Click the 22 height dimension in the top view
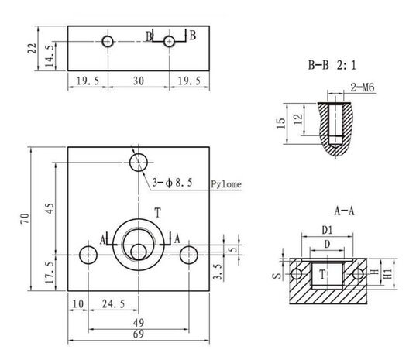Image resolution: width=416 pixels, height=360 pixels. click(x=32, y=48)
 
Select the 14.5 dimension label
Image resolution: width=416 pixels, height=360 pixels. click(x=50, y=56)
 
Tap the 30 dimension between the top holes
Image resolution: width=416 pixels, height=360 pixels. click(x=139, y=81)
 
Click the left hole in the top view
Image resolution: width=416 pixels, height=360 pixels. click(x=108, y=42)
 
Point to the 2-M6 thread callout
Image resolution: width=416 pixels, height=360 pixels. click(x=363, y=87)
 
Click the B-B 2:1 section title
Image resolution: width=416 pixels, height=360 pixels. click(x=332, y=65)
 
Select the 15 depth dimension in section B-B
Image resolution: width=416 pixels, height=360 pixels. click(x=281, y=123)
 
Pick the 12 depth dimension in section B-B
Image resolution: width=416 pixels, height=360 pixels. click(x=298, y=119)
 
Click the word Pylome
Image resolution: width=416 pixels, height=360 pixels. click(x=226, y=184)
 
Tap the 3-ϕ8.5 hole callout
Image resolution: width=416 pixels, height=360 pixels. click(x=172, y=183)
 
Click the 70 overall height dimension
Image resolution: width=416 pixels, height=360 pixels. click(x=25, y=218)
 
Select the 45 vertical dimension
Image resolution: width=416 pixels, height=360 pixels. click(x=50, y=208)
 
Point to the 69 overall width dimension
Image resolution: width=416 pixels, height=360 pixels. click(x=139, y=334)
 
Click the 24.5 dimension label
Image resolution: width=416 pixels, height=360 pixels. click(x=114, y=303)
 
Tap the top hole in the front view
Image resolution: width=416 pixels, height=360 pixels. click(x=139, y=163)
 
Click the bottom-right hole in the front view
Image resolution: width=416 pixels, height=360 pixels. click(x=188, y=255)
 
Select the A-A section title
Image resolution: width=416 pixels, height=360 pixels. click(x=344, y=211)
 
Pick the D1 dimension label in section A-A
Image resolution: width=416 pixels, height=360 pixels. click(x=327, y=231)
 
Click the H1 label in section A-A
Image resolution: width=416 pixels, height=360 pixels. click(x=388, y=274)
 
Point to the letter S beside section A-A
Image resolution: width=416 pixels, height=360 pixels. click(x=277, y=276)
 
